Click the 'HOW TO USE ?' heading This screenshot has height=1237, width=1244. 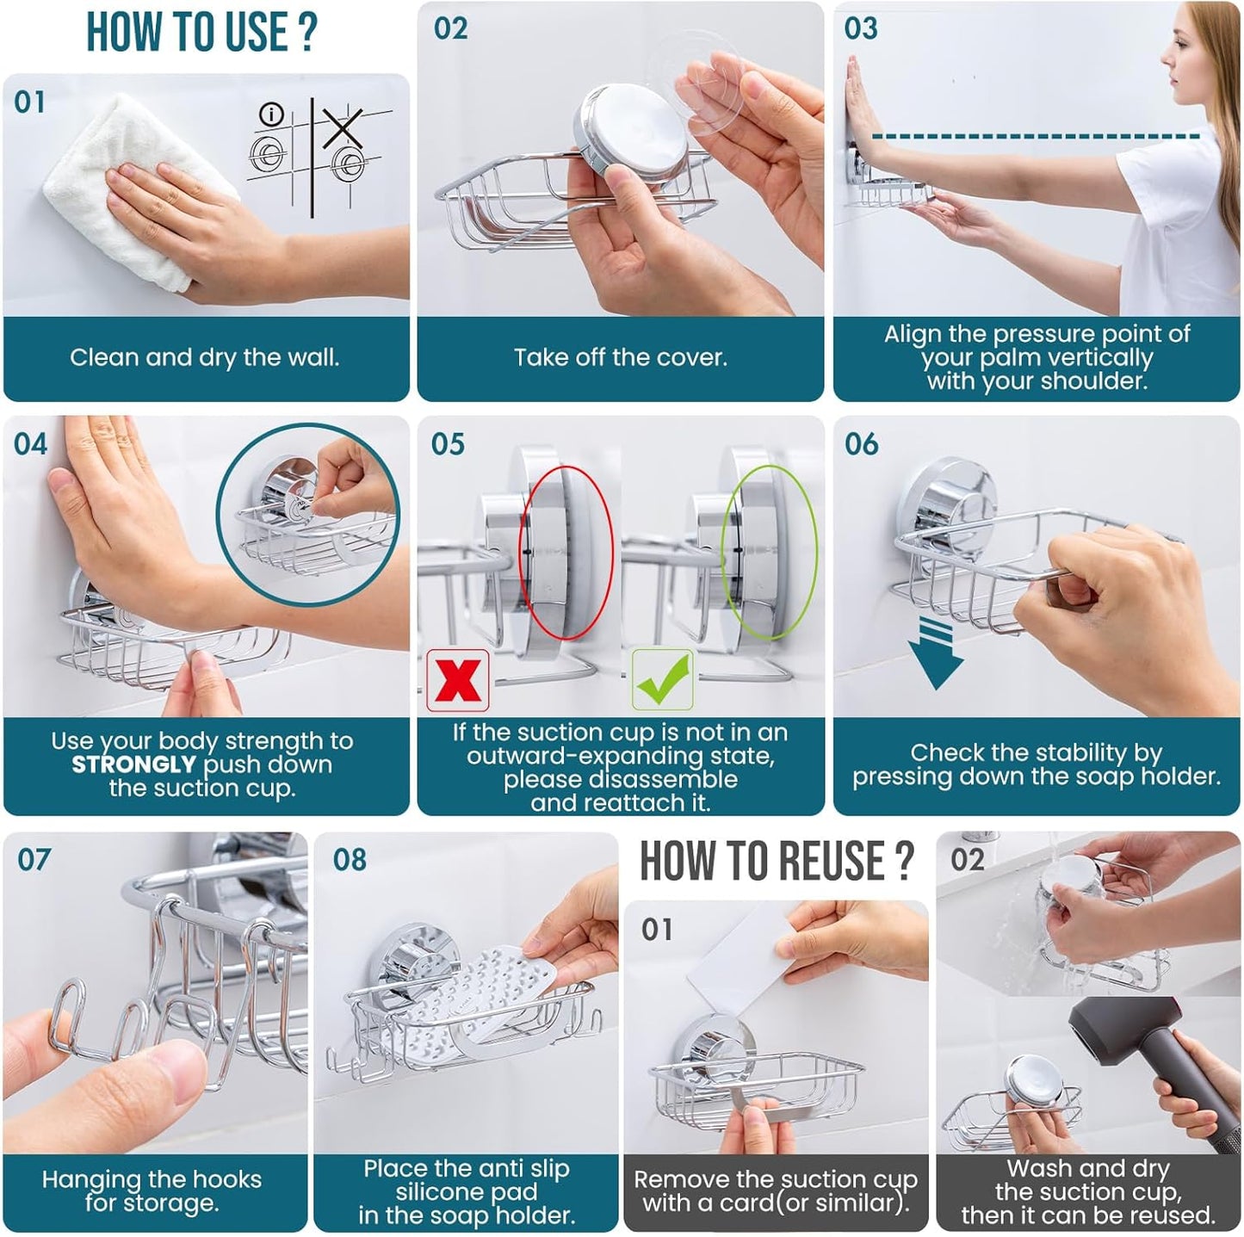point(202,33)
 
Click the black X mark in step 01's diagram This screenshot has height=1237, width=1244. point(343,127)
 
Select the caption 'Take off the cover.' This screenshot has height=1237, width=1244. point(620,358)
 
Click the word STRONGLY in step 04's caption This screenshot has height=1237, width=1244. point(133,764)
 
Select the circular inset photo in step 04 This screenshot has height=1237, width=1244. point(307,515)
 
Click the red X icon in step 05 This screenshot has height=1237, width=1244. point(458,680)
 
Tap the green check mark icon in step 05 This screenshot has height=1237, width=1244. point(663,680)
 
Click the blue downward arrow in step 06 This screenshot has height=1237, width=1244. point(936,654)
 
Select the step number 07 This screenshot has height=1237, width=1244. point(34,859)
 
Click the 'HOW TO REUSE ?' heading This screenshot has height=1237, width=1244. point(776,861)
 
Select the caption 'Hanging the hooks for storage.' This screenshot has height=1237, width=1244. point(152,1191)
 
